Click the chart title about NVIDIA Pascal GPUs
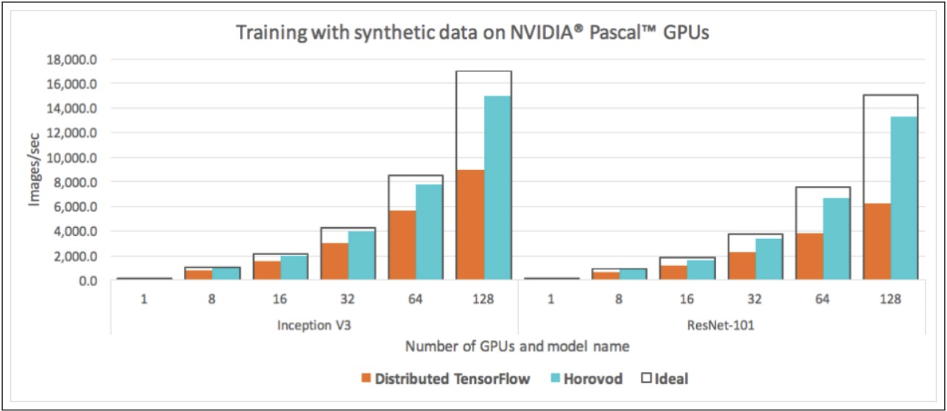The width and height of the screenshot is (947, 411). [472, 33]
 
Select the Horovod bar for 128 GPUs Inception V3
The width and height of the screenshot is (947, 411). [497, 187]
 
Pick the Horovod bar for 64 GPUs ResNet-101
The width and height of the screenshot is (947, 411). [836, 239]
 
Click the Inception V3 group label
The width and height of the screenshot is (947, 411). [314, 324]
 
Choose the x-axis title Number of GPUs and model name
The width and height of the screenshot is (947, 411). [517, 346]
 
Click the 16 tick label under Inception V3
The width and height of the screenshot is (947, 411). [280, 300]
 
